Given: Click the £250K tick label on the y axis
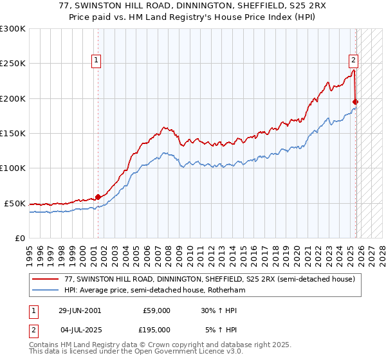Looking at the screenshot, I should point(13,64).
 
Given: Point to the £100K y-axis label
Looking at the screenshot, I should point(13,168).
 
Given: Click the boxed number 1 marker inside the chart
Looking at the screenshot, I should point(96,60).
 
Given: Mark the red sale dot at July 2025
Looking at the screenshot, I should point(356,102).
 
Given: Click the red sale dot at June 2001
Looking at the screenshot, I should point(98,197).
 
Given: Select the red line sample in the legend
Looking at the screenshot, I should point(46,279).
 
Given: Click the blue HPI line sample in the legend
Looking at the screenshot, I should point(46,290).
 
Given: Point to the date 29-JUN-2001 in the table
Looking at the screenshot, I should point(79,310).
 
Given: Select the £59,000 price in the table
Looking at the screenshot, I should point(156,310).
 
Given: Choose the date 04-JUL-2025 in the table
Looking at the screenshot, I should point(79,330).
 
